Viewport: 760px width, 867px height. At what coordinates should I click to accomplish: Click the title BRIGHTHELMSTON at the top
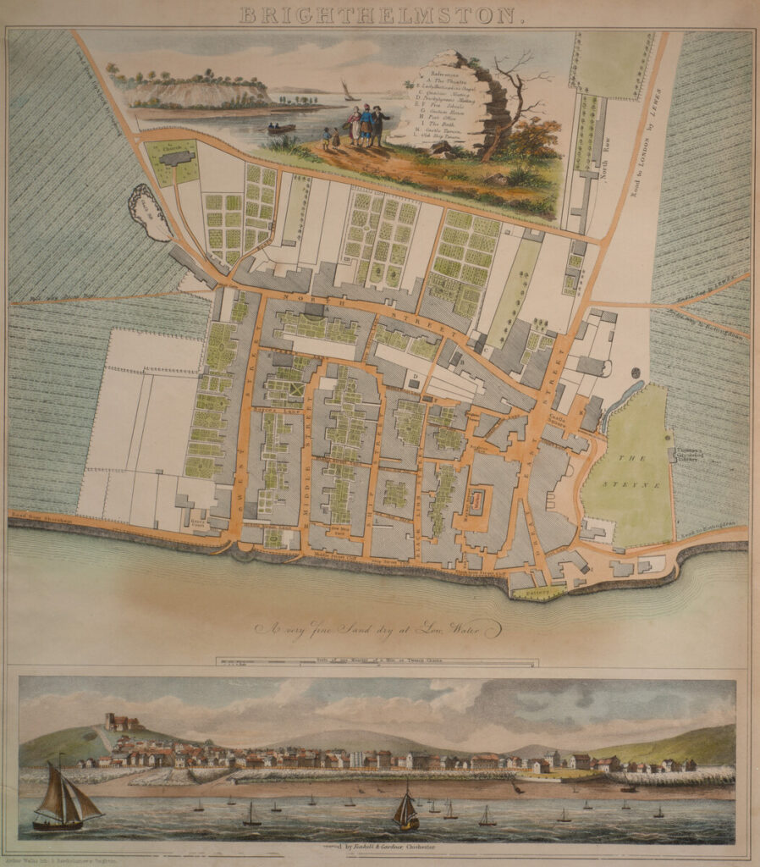(381, 14)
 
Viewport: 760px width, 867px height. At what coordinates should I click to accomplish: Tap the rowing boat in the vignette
(282, 129)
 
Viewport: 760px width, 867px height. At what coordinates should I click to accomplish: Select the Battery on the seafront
(539, 594)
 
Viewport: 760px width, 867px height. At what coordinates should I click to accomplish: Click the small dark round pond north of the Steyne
(636, 373)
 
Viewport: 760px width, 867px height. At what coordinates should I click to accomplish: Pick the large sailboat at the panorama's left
(68, 796)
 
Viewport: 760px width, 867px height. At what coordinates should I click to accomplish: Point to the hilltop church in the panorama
(121, 722)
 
